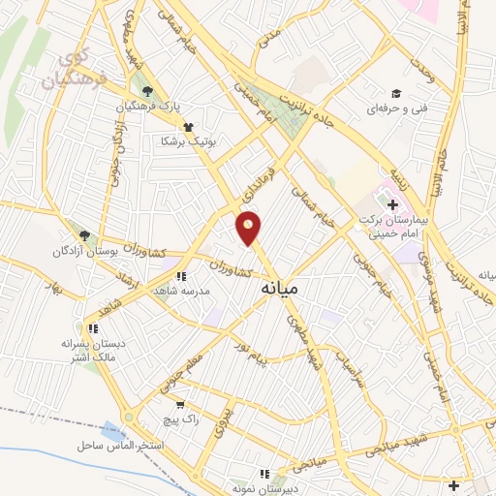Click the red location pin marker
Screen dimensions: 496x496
[x=249, y=228]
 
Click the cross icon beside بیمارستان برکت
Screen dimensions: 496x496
[x=393, y=204]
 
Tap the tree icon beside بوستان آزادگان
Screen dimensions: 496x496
[x=85, y=234]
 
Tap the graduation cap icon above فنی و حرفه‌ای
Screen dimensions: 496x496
[x=396, y=94]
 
